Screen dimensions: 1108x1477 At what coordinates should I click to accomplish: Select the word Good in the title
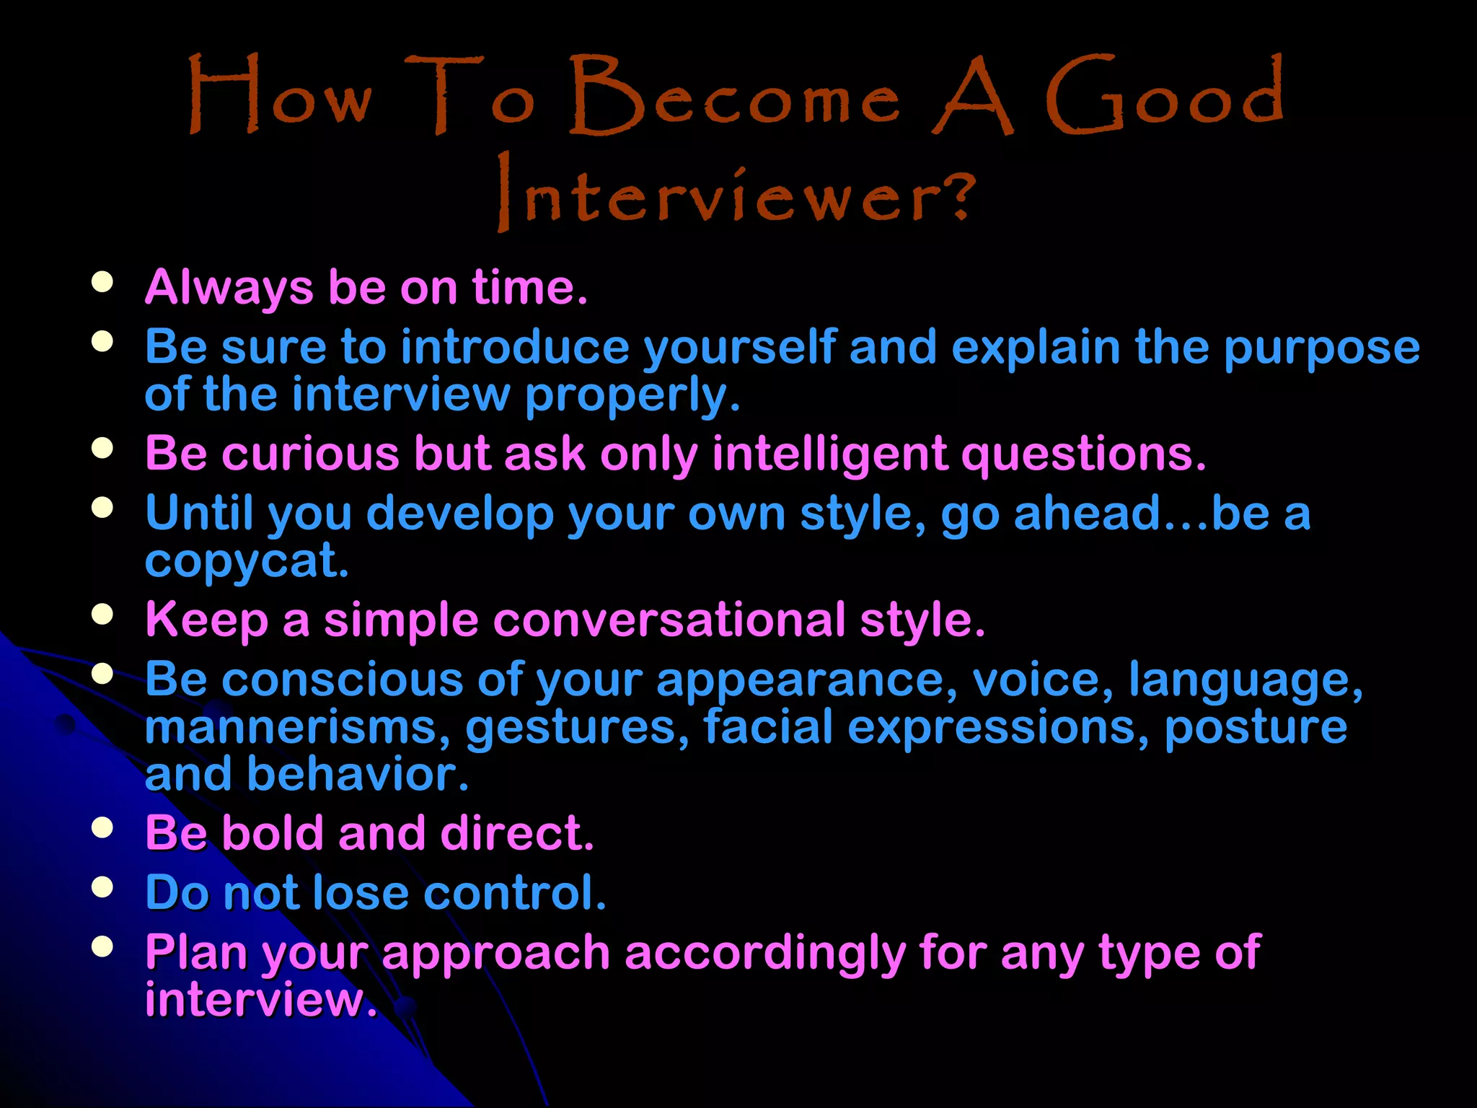click(x=1165, y=97)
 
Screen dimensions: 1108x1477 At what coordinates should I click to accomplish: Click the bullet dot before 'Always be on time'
click(x=102, y=281)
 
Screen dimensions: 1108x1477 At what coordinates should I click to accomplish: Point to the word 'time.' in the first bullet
click(x=530, y=287)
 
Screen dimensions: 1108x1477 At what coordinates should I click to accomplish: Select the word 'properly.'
click(x=632, y=396)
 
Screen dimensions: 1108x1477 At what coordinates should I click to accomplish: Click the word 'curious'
click(x=310, y=454)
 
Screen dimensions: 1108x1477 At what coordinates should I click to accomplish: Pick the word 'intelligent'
click(x=829, y=455)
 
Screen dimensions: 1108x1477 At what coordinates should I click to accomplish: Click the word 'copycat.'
click(x=247, y=562)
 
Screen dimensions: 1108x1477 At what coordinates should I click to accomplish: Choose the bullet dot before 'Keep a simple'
click(x=102, y=614)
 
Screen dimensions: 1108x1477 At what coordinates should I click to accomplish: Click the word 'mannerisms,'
click(x=298, y=728)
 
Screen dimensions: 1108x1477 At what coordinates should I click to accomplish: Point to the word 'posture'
click(x=1256, y=728)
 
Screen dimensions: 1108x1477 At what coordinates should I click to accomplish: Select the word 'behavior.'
click(x=358, y=774)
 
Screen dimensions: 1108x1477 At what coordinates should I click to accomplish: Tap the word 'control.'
click(x=514, y=893)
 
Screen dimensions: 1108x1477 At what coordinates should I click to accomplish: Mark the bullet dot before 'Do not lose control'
click(x=102, y=887)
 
